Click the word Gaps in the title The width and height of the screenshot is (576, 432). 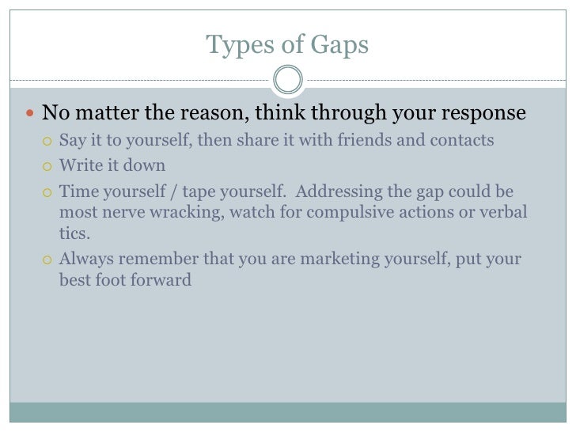pyautogui.click(x=342, y=46)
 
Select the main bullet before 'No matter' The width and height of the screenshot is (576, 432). pyautogui.click(x=30, y=114)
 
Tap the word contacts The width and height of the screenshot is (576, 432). pyautogui.click(x=465, y=141)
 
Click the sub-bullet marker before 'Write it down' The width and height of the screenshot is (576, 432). pyautogui.click(x=47, y=167)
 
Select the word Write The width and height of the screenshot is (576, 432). pyautogui.click(x=79, y=166)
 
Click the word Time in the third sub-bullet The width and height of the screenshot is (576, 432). pyautogui.click(x=77, y=191)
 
